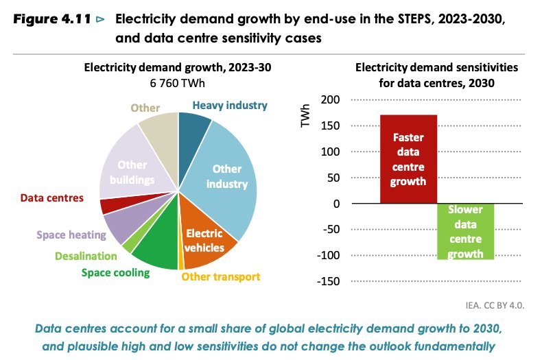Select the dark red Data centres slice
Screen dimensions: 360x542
107,206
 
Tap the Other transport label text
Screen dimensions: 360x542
221,277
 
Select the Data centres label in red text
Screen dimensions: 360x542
51,198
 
